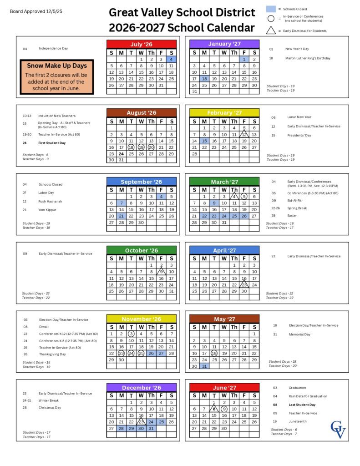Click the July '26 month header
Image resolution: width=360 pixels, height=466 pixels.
click(142, 44)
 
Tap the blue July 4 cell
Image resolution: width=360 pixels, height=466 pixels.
click(171, 59)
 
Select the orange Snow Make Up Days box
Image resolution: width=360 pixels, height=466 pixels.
click(57, 77)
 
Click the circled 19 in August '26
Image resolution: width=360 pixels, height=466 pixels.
click(141, 147)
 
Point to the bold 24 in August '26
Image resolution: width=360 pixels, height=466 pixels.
click(122, 154)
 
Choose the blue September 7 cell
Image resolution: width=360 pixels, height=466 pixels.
click(122, 203)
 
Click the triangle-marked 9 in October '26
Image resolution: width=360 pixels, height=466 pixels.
click(161, 272)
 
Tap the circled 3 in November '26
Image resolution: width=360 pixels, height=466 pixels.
click(131, 334)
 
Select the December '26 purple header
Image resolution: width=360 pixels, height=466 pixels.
click(142, 388)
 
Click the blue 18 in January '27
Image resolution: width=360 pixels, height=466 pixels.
click(204, 79)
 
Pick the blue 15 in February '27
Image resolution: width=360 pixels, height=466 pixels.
click(204, 141)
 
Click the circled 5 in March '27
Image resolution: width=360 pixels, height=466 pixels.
click(244, 197)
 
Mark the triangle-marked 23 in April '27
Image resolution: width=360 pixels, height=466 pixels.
click(244, 285)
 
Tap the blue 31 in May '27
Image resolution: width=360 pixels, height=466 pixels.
click(204, 366)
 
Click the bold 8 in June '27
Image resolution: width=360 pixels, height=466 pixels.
click(214, 409)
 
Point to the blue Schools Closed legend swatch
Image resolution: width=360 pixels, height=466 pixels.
click(271, 9)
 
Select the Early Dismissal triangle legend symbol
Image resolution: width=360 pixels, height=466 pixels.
click(271, 30)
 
